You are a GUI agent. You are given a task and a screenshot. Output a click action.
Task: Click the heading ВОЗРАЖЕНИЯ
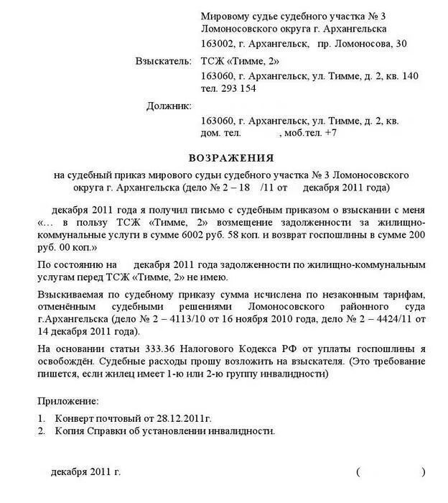click(231, 157)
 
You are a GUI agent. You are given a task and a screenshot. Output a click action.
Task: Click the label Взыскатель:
click(163, 60)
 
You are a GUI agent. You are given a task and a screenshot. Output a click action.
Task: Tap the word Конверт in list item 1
click(76, 417)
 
